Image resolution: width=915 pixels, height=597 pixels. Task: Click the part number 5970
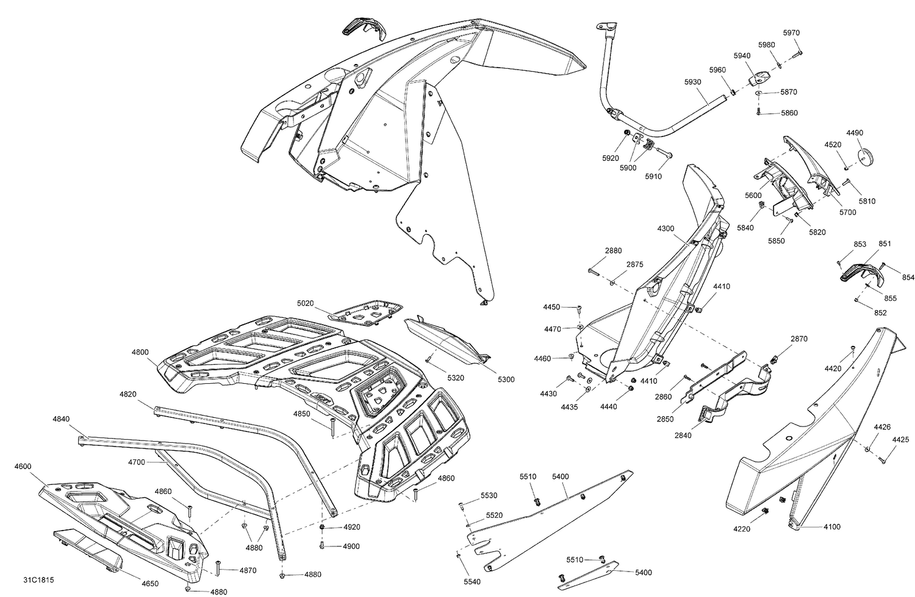pyautogui.click(x=791, y=33)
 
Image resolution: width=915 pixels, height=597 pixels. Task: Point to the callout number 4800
pyautogui.click(x=140, y=352)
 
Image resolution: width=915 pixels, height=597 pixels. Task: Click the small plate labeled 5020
pyautogui.click(x=366, y=311)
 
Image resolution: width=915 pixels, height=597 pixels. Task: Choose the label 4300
pyautogui.click(x=666, y=228)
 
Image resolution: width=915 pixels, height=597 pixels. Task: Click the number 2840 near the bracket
pyautogui.click(x=683, y=435)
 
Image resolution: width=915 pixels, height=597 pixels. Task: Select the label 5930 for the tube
pyautogui.click(x=692, y=82)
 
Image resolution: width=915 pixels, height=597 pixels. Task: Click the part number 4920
pyautogui.click(x=351, y=527)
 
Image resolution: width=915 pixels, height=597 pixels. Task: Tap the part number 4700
pyautogui.click(x=137, y=462)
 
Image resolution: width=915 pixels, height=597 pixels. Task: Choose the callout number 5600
pyautogui.click(x=753, y=195)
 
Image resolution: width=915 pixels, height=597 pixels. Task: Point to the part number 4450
pyautogui.click(x=551, y=307)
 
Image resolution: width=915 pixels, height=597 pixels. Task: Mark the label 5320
pyautogui.click(x=455, y=378)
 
